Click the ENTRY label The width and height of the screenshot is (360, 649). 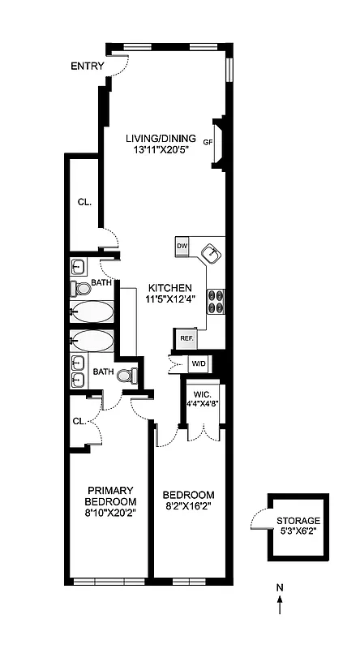pyautogui.click(x=87, y=66)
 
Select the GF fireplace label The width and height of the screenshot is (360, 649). pyautogui.click(x=208, y=142)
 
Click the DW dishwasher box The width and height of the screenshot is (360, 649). pyautogui.click(x=182, y=245)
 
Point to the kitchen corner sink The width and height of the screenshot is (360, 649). pyautogui.click(x=212, y=254)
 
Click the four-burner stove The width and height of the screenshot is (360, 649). pyautogui.click(x=217, y=301)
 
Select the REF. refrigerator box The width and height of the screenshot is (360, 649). pyautogui.click(x=186, y=337)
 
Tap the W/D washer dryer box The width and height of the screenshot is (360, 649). pyautogui.click(x=199, y=363)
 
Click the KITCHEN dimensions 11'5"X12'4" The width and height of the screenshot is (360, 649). pyautogui.click(x=169, y=299)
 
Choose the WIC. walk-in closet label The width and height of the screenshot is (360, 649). pyautogui.click(x=202, y=393)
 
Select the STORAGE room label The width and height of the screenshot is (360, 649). pyautogui.click(x=298, y=521)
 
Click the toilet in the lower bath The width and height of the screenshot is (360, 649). pyautogui.click(x=126, y=376)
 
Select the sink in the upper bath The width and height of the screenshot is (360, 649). pyautogui.click(x=79, y=267)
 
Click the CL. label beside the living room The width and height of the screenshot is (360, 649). pyautogui.click(x=84, y=202)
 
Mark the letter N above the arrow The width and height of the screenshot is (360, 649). pyautogui.click(x=280, y=587)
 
